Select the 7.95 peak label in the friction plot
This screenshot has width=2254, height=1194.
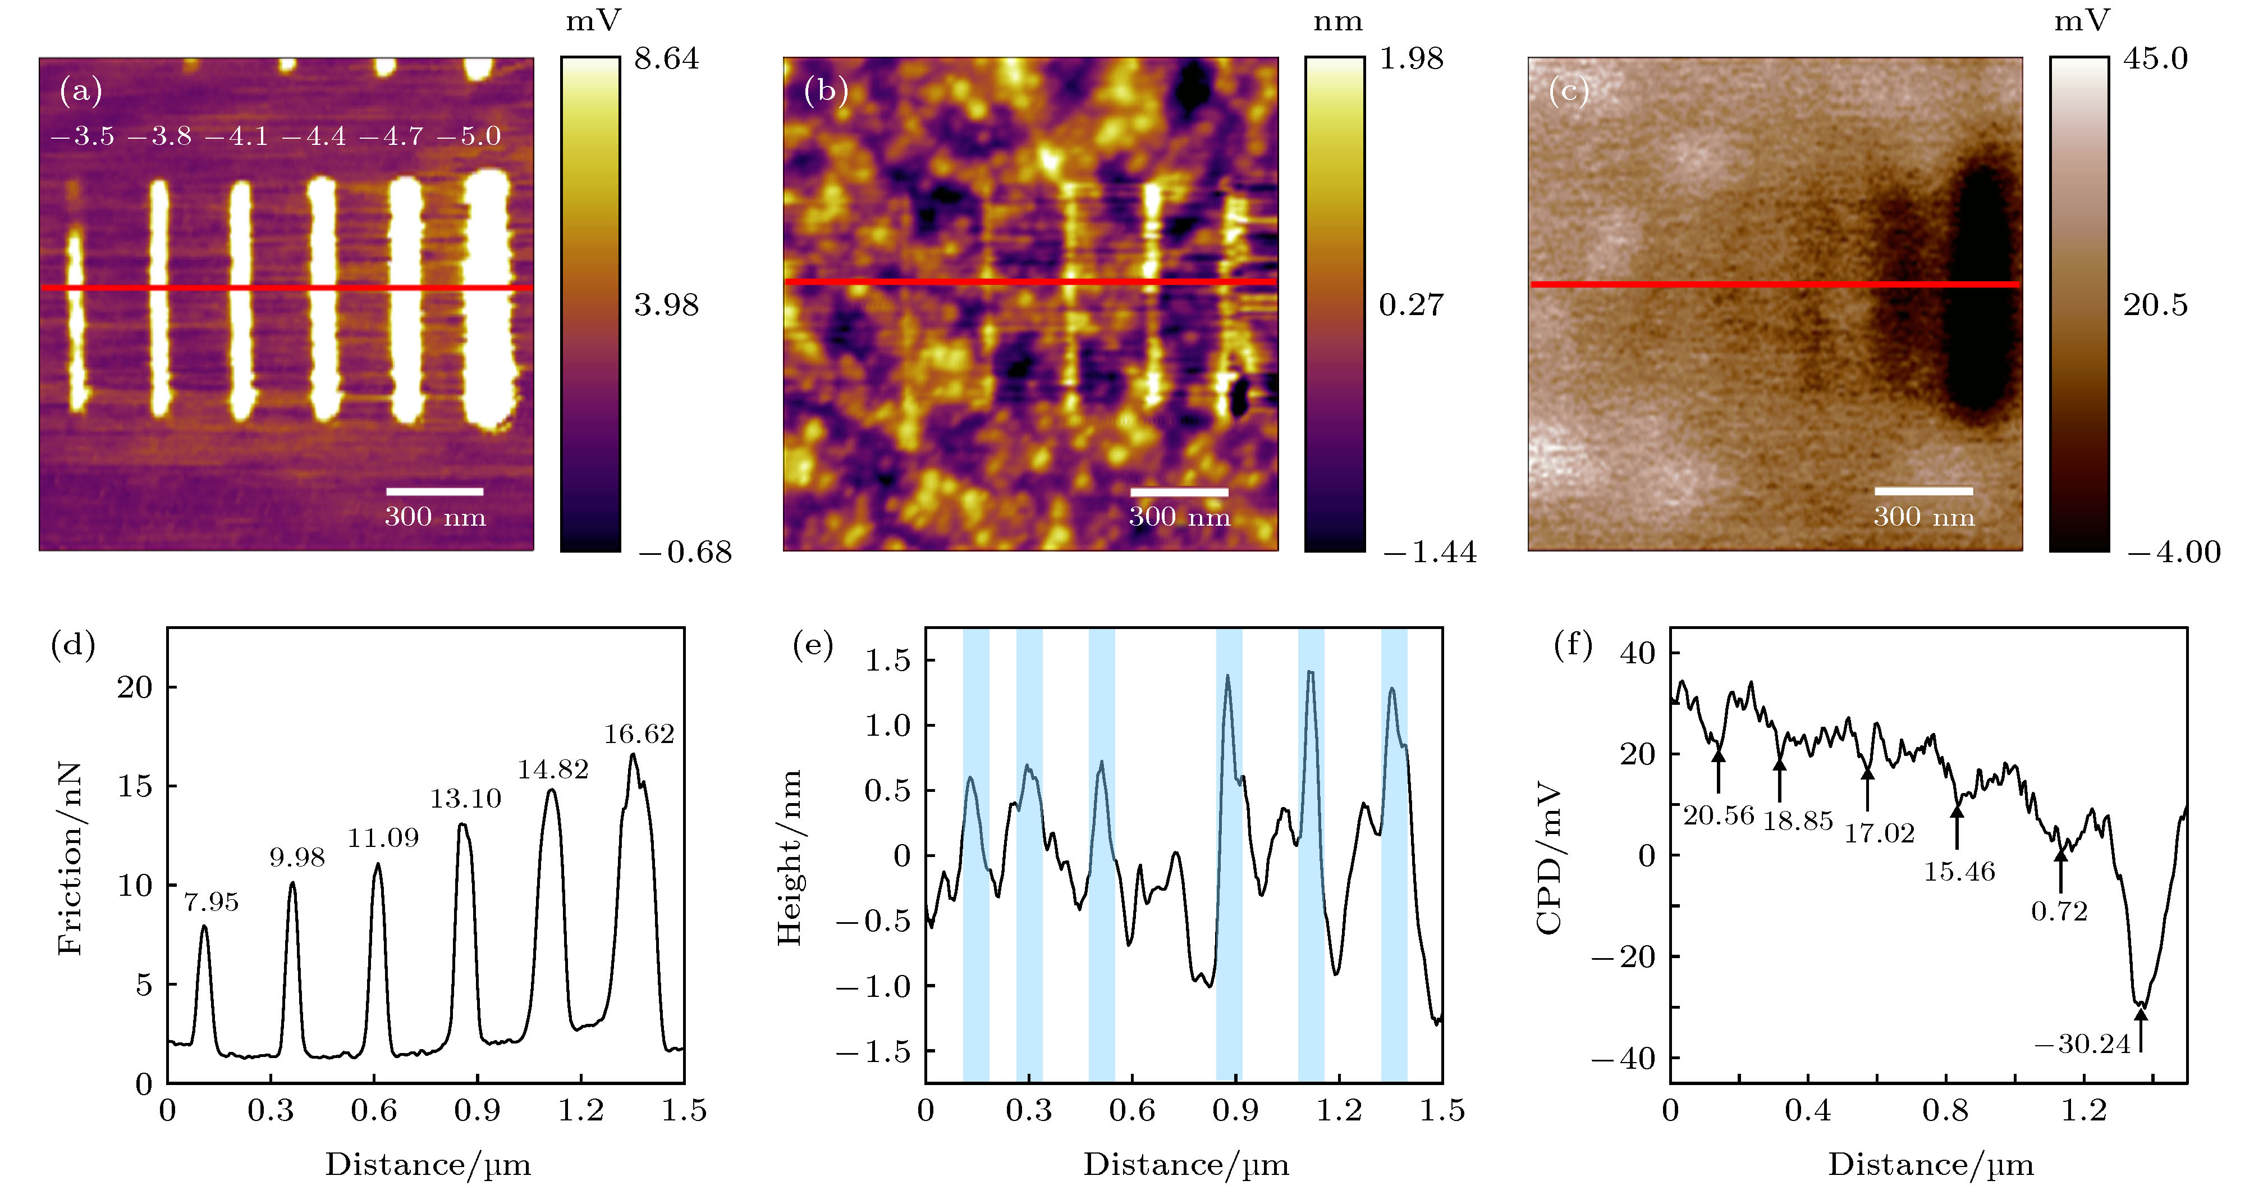(x=211, y=901)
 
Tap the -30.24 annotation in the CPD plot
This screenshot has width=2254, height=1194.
(x=2082, y=1044)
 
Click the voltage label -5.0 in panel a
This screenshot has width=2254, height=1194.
(x=469, y=136)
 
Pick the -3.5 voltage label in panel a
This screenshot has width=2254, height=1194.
(x=83, y=136)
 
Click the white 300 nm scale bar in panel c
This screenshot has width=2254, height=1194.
(x=1923, y=491)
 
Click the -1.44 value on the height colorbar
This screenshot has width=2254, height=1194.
(x=1429, y=553)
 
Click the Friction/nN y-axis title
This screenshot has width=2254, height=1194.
(x=70, y=858)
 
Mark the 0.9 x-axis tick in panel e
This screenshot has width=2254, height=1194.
(x=1235, y=1111)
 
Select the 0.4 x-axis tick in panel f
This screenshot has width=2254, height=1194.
(x=1808, y=1111)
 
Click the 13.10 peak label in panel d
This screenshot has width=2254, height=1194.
(x=465, y=798)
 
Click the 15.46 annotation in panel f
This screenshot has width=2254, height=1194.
(x=1959, y=872)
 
